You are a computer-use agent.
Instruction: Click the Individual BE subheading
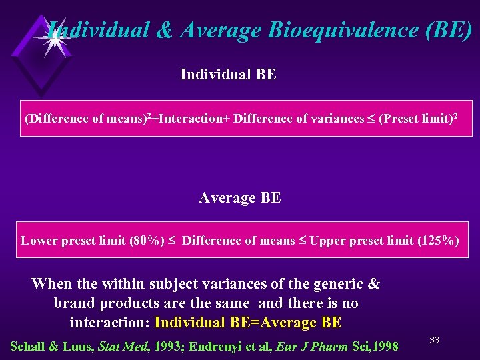pyautogui.click(x=228, y=75)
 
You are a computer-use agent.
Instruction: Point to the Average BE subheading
pyautogui.click(x=239, y=198)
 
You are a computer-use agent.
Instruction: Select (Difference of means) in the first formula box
pyautogui.click(x=86, y=119)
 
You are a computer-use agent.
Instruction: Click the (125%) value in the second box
pyautogui.click(x=438, y=241)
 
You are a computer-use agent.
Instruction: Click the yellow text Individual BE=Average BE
pyautogui.click(x=247, y=323)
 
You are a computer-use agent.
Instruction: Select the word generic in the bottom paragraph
pyautogui.click(x=333, y=284)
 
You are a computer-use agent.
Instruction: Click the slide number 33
pyautogui.click(x=434, y=340)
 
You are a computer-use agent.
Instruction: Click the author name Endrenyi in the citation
pyautogui.click(x=219, y=346)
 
